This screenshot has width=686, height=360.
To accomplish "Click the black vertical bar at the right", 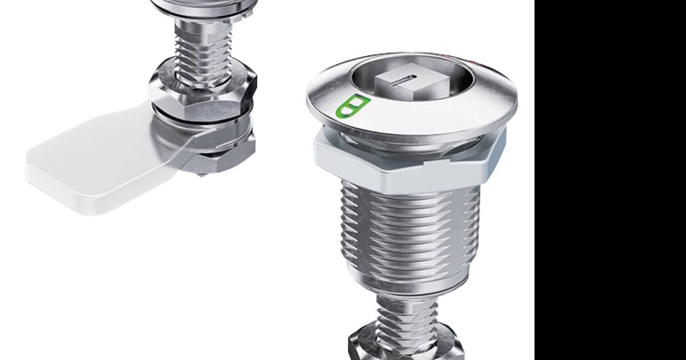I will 610,180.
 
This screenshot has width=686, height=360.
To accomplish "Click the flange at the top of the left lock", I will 203,6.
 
